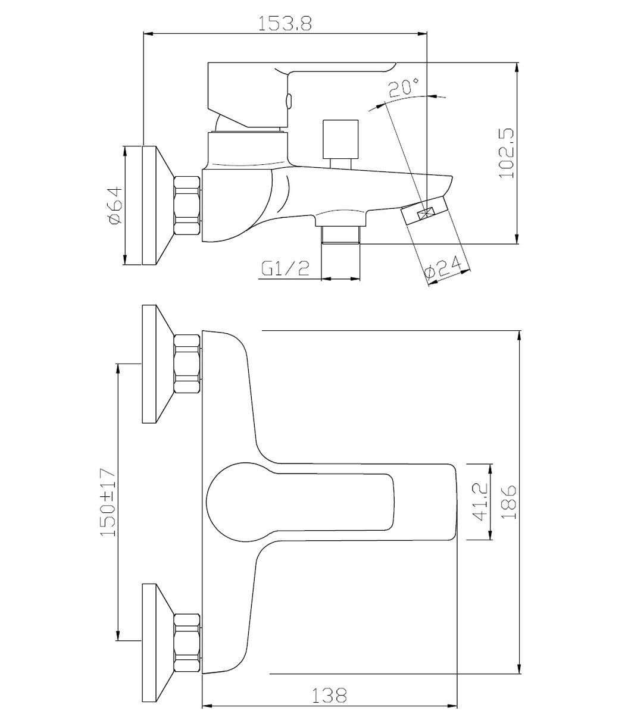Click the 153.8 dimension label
click(x=285, y=23)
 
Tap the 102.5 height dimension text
click(x=507, y=154)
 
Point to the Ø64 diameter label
click(x=116, y=205)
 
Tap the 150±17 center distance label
click(x=108, y=503)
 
